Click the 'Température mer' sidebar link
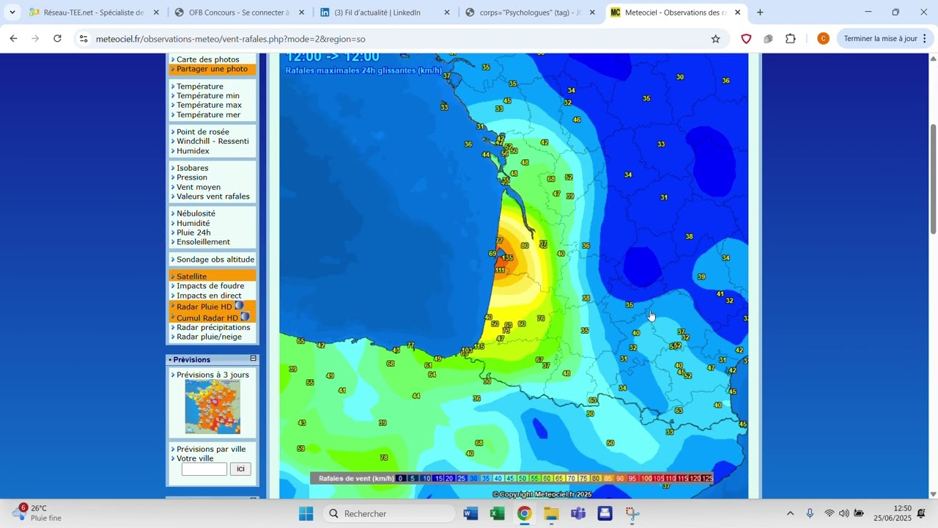tap(208, 114)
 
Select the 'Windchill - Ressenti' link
tap(213, 142)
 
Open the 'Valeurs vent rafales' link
tap(213, 197)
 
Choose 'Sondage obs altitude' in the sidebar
tap(215, 260)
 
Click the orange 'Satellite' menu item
tap(191, 276)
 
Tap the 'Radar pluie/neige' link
tap(209, 337)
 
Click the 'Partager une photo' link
tap(212, 69)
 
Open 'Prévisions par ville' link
tap(211, 450)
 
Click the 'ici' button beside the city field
tap(240, 469)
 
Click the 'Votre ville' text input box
tap(204, 469)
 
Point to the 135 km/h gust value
tap(508, 258)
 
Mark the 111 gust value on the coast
tap(501, 271)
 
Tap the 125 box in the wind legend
tap(707, 478)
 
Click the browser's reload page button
tap(58, 39)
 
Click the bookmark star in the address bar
tap(715, 39)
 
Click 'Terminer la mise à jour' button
tap(880, 39)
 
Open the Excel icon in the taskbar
tap(498, 513)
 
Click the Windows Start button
tap(306, 513)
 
